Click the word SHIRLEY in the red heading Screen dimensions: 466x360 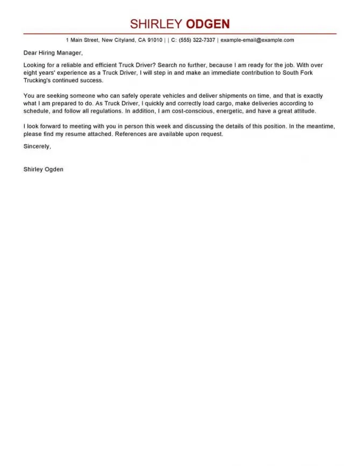[x=156, y=24]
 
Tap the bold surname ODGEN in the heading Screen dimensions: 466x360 [x=207, y=24]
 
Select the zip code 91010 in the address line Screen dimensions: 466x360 [x=155, y=40]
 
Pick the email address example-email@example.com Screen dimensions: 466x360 [x=257, y=40]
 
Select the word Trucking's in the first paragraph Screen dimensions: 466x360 [x=38, y=80]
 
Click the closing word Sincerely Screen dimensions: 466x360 [x=38, y=146]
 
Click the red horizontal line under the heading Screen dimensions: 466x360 [x=180, y=34]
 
